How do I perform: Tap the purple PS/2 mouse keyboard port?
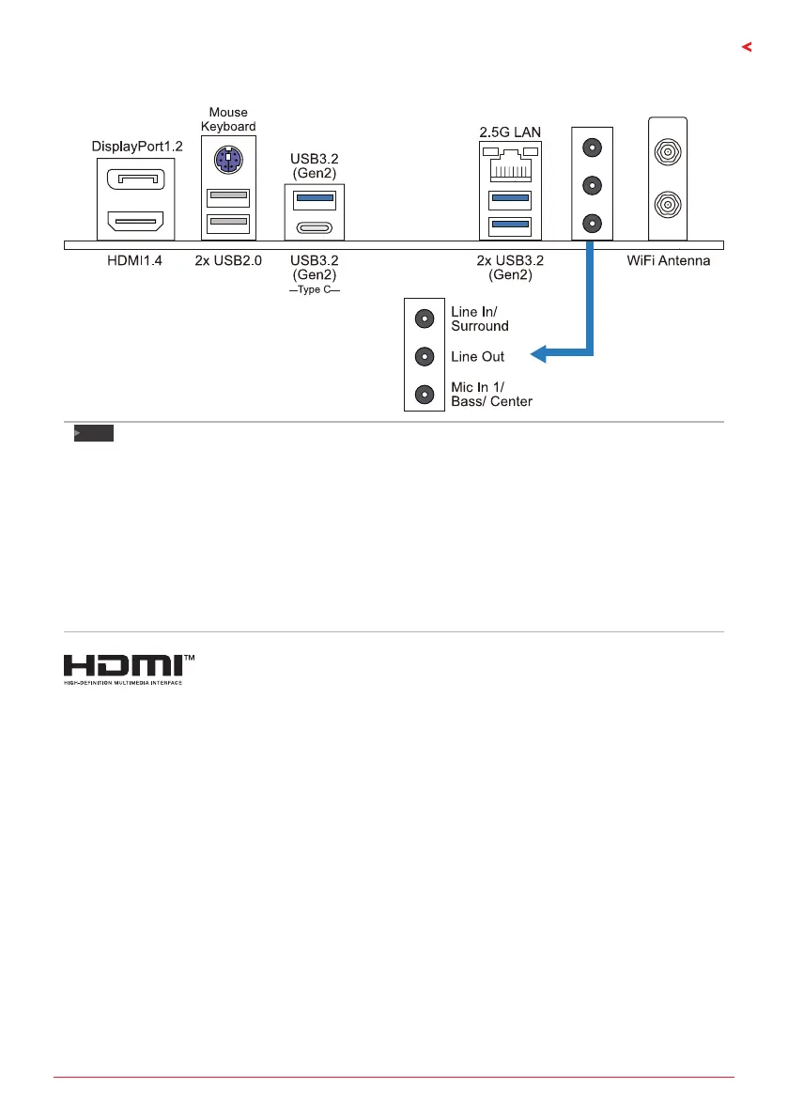[x=225, y=161]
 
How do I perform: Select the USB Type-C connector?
[x=316, y=227]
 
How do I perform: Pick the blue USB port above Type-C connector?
[x=316, y=198]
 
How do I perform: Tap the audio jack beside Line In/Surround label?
[x=425, y=319]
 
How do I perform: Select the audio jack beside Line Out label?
[x=425, y=357]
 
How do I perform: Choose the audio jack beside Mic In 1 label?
[x=425, y=395]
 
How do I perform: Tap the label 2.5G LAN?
[x=509, y=132]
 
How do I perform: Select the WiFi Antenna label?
[x=669, y=259]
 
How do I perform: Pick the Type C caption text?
[x=316, y=291]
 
